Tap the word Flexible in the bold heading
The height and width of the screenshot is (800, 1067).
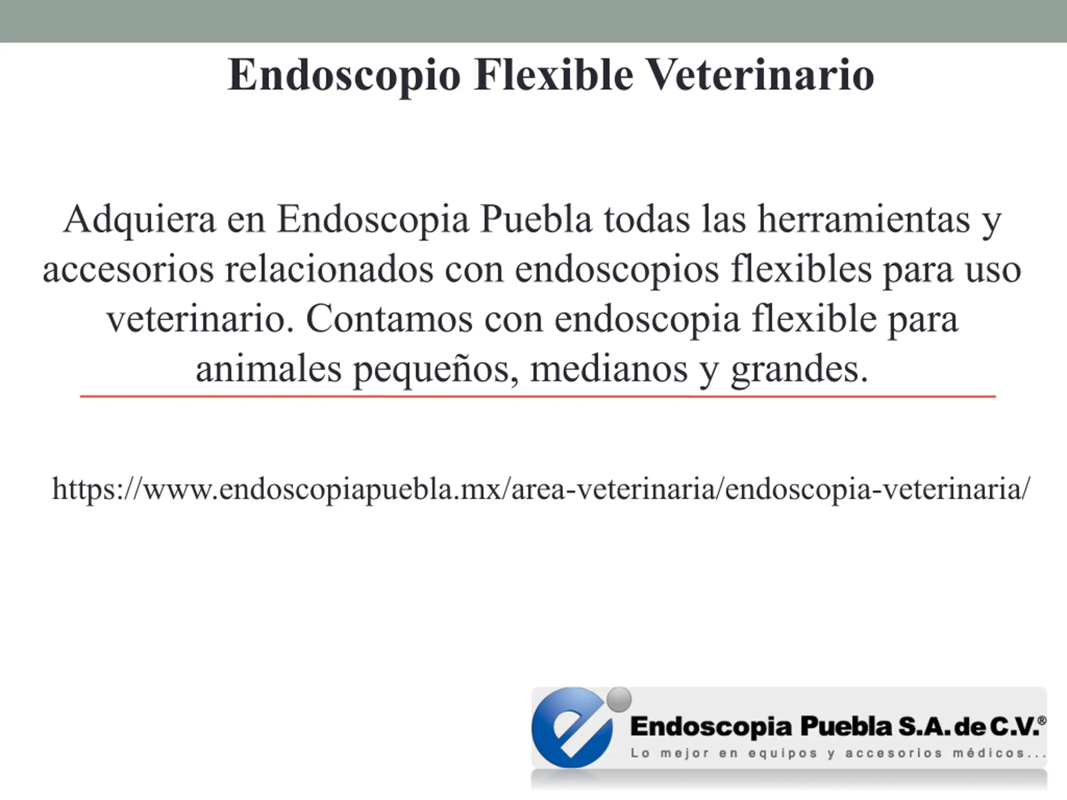coord(553,74)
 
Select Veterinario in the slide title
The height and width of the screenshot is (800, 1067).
coord(760,74)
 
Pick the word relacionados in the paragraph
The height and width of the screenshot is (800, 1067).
coord(329,270)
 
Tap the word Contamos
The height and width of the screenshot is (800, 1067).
coord(389,319)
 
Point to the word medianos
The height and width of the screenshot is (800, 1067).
coord(609,369)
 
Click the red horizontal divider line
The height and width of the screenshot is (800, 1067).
coord(538,396)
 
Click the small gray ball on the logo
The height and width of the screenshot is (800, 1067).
coord(619,699)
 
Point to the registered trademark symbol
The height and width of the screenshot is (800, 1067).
coord(1042,720)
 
